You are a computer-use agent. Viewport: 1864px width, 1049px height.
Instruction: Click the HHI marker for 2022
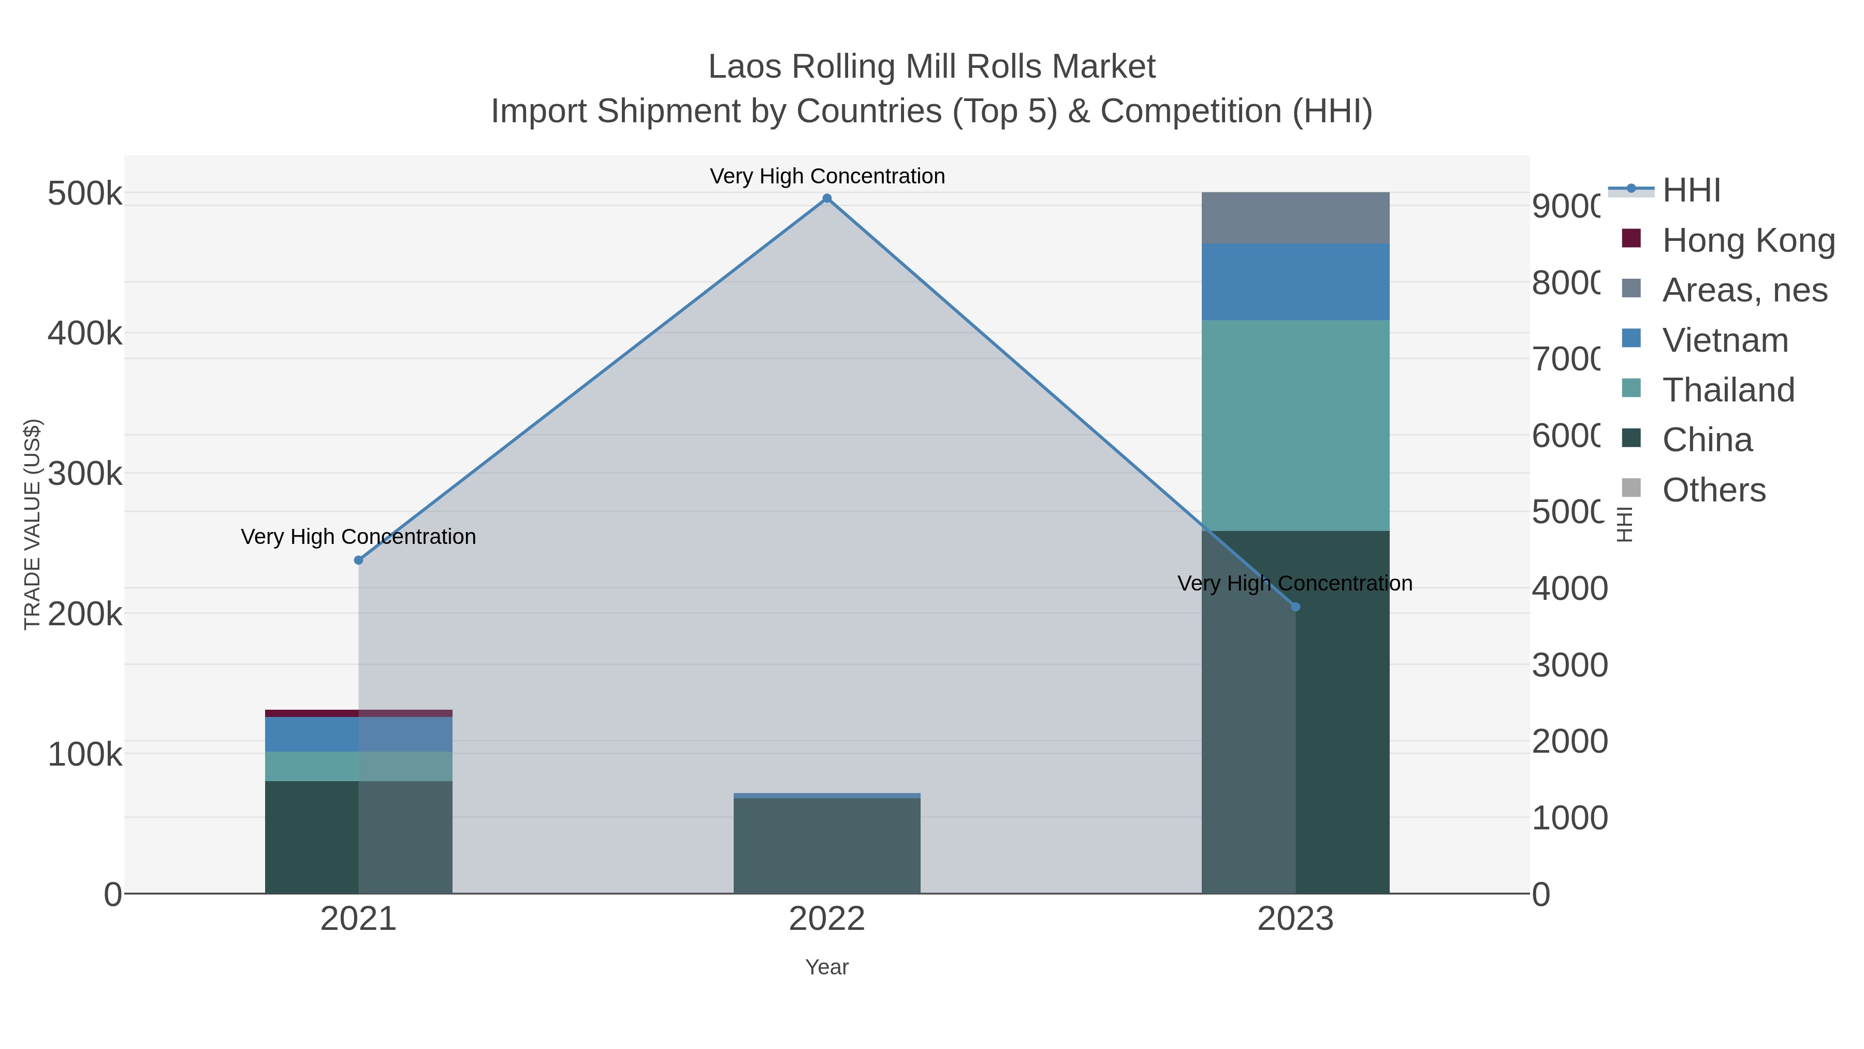click(827, 198)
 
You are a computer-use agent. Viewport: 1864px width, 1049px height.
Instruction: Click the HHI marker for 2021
click(358, 559)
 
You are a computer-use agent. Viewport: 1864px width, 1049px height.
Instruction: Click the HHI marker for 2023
click(1295, 607)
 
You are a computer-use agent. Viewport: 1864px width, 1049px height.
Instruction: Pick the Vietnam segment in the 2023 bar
click(1295, 282)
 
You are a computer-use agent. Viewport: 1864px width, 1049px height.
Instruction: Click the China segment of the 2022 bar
click(827, 845)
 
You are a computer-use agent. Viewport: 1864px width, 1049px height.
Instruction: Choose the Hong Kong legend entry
click(1747, 240)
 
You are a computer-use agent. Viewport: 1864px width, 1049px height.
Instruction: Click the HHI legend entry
click(1691, 191)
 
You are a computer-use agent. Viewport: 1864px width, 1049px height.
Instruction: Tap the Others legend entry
click(1713, 490)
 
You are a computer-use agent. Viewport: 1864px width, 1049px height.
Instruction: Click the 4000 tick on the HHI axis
click(1569, 588)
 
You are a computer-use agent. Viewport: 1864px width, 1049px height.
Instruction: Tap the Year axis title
click(827, 967)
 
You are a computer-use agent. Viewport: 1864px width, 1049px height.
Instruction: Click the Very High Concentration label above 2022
click(827, 176)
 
